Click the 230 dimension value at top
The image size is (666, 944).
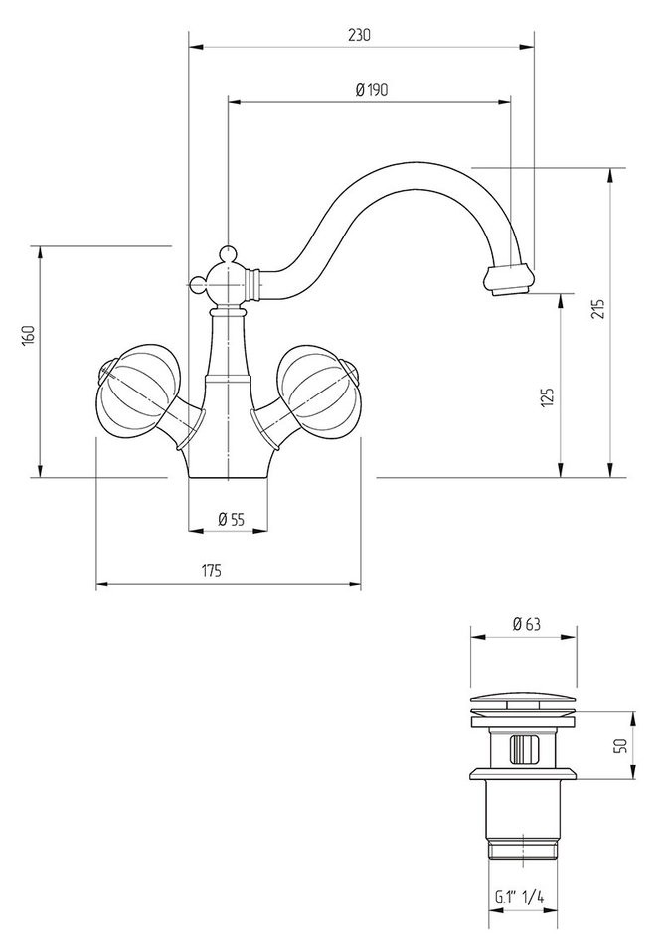pyautogui.click(x=359, y=34)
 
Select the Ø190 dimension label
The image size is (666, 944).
pyautogui.click(x=371, y=89)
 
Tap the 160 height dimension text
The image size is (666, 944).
pyautogui.click(x=29, y=335)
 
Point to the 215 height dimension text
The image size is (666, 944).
pyautogui.click(x=596, y=309)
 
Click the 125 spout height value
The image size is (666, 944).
pyautogui.click(x=548, y=397)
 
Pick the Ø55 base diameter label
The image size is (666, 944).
pyautogui.click(x=230, y=518)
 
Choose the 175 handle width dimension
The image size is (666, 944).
pyautogui.click(x=211, y=571)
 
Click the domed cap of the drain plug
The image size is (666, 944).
pyautogui.click(x=523, y=697)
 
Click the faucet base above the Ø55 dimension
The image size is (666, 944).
pyautogui.click(x=229, y=464)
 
